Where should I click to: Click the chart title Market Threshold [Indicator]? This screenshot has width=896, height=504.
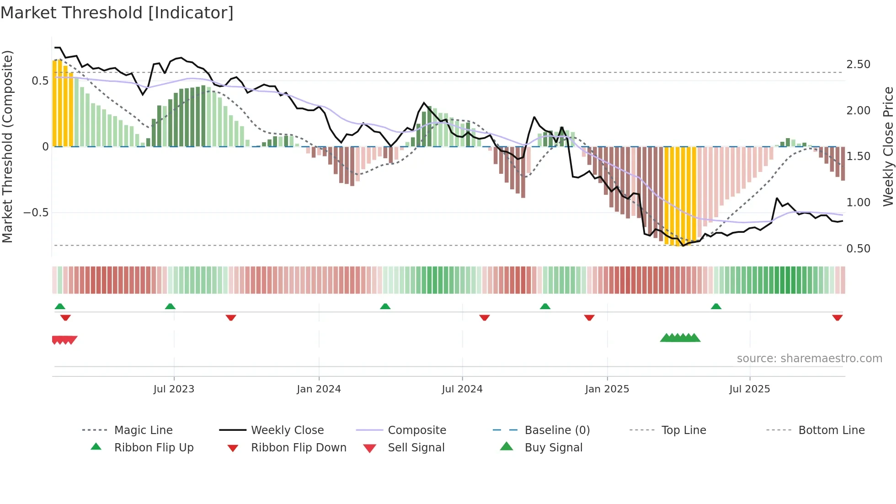[117, 13]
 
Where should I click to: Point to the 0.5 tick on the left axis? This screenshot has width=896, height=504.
[40, 81]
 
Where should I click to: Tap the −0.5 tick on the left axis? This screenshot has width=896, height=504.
[36, 213]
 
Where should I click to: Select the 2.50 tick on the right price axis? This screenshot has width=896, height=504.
[858, 64]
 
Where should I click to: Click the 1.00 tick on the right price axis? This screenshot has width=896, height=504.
[858, 203]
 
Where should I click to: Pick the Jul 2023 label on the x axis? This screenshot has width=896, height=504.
[174, 389]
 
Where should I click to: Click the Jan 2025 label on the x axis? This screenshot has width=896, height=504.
[607, 389]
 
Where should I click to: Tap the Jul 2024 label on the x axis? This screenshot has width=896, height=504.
[462, 389]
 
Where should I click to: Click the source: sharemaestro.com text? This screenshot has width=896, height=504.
[809, 359]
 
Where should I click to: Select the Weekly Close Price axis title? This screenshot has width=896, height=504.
[888, 146]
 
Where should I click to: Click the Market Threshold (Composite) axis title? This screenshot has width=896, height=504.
[7, 146]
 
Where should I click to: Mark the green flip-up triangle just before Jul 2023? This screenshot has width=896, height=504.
[170, 306]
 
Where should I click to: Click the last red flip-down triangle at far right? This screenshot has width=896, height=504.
[837, 317]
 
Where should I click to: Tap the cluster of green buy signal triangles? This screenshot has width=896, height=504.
[680, 338]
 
